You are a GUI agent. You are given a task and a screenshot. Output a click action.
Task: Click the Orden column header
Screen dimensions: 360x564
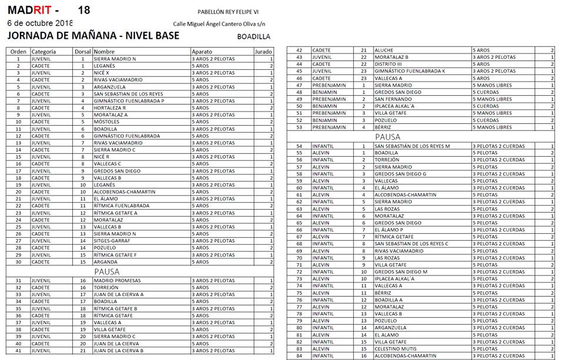[x=18, y=52]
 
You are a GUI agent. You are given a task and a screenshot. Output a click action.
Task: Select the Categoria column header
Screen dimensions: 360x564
[x=43, y=52]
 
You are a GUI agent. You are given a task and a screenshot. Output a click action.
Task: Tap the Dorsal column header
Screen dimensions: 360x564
[x=83, y=52]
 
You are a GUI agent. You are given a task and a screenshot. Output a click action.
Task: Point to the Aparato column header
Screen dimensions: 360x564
[x=202, y=52]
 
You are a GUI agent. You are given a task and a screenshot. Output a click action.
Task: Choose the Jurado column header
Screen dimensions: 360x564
[x=263, y=52]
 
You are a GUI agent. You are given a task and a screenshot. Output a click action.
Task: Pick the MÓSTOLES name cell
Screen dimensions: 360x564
[x=106, y=122]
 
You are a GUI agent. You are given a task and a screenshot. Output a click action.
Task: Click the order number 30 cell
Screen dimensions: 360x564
[x=18, y=262]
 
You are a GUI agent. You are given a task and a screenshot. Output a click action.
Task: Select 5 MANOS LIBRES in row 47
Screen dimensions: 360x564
[x=492, y=85]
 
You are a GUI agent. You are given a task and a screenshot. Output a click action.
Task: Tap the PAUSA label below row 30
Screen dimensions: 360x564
[x=107, y=272]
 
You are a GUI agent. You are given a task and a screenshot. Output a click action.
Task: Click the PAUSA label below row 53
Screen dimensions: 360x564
[x=388, y=137]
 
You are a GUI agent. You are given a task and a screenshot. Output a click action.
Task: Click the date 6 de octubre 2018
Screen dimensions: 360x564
[x=39, y=23]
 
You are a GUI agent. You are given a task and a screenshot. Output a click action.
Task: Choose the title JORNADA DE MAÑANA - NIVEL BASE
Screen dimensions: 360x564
[x=93, y=36]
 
